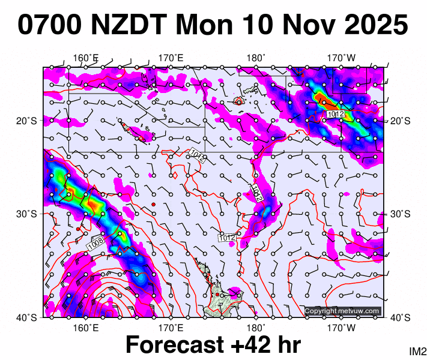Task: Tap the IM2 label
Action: [417, 351]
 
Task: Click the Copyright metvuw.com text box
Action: [342, 311]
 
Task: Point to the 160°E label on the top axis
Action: [86, 58]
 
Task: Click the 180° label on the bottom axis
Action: [256, 328]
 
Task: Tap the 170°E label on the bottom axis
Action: [171, 328]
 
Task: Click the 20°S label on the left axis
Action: [29, 121]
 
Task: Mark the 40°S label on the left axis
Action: [29, 317]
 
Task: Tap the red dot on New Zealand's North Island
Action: [217, 295]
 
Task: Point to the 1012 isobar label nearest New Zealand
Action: [226, 238]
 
